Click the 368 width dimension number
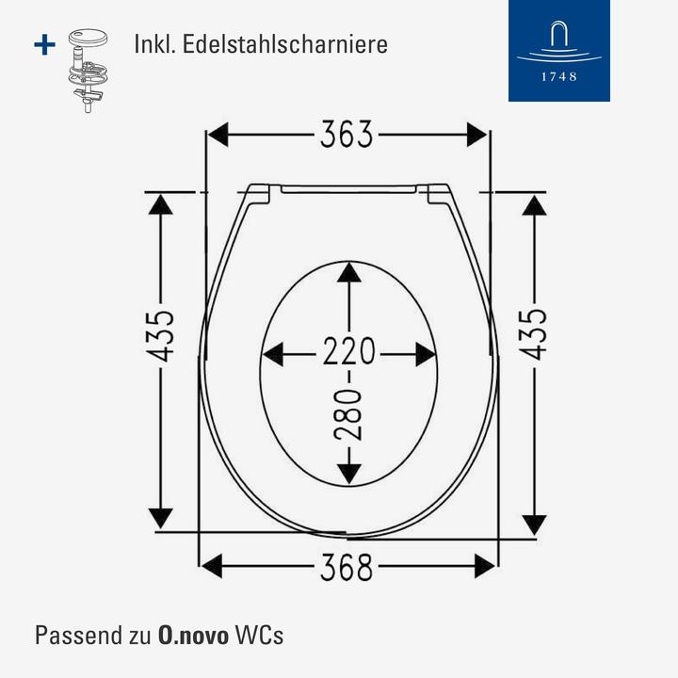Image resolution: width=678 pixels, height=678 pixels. click(347, 567)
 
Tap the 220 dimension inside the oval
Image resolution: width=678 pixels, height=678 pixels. click(349, 353)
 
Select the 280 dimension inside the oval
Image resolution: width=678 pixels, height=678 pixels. click(349, 413)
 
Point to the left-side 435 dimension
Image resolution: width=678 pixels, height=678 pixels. click(161, 335)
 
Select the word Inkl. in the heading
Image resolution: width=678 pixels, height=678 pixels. click(159, 44)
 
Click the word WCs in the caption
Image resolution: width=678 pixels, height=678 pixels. click(261, 634)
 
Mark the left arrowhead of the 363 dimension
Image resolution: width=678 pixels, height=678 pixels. click(218, 136)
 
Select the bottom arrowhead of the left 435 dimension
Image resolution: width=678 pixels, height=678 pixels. click(161, 517)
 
